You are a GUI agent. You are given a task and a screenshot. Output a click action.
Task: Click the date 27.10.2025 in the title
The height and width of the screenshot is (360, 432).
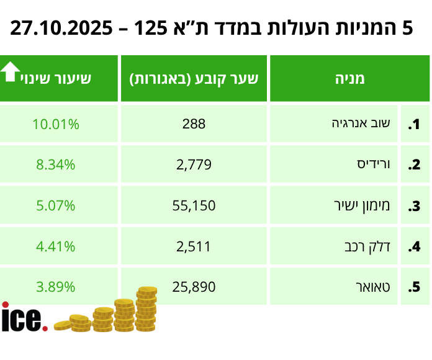[x=62, y=28]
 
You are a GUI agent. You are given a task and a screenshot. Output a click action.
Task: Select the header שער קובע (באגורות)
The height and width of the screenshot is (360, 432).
[x=194, y=78]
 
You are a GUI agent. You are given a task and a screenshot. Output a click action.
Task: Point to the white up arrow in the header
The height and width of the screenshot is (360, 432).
[x=10, y=72]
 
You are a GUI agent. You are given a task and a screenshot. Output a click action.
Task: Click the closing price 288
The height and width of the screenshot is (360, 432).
[x=194, y=124]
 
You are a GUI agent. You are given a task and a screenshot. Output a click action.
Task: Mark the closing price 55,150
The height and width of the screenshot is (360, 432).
[x=194, y=205]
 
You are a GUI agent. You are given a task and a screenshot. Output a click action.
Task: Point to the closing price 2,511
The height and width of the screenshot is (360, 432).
[x=194, y=246]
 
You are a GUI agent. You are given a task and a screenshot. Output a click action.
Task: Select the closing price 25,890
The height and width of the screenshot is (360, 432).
[x=194, y=287]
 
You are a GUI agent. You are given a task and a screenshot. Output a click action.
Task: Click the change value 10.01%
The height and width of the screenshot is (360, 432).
[x=56, y=124]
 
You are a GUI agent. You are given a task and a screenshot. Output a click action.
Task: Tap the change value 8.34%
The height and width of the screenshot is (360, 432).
[x=56, y=164]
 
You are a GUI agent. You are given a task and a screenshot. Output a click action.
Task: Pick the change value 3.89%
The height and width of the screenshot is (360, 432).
[x=56, y=287]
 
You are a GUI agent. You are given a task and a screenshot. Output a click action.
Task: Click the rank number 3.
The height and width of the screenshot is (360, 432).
[x=414, y=206]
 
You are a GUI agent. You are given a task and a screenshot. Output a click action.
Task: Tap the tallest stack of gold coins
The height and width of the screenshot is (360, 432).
[x=146, y=308]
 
